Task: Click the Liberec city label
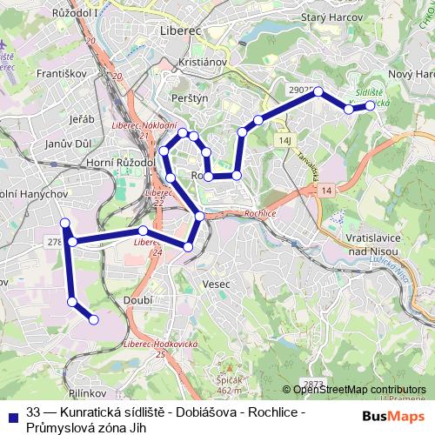tap(181, 30)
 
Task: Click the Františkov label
tap(55, 75)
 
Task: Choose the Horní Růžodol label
tap(121, 163)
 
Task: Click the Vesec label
tap(214, 284)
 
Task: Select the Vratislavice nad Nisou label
tap(358, 244)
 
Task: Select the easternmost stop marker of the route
tap(370, 105)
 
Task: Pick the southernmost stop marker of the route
tap(93, 319)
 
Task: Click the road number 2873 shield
tap(314, 384)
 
